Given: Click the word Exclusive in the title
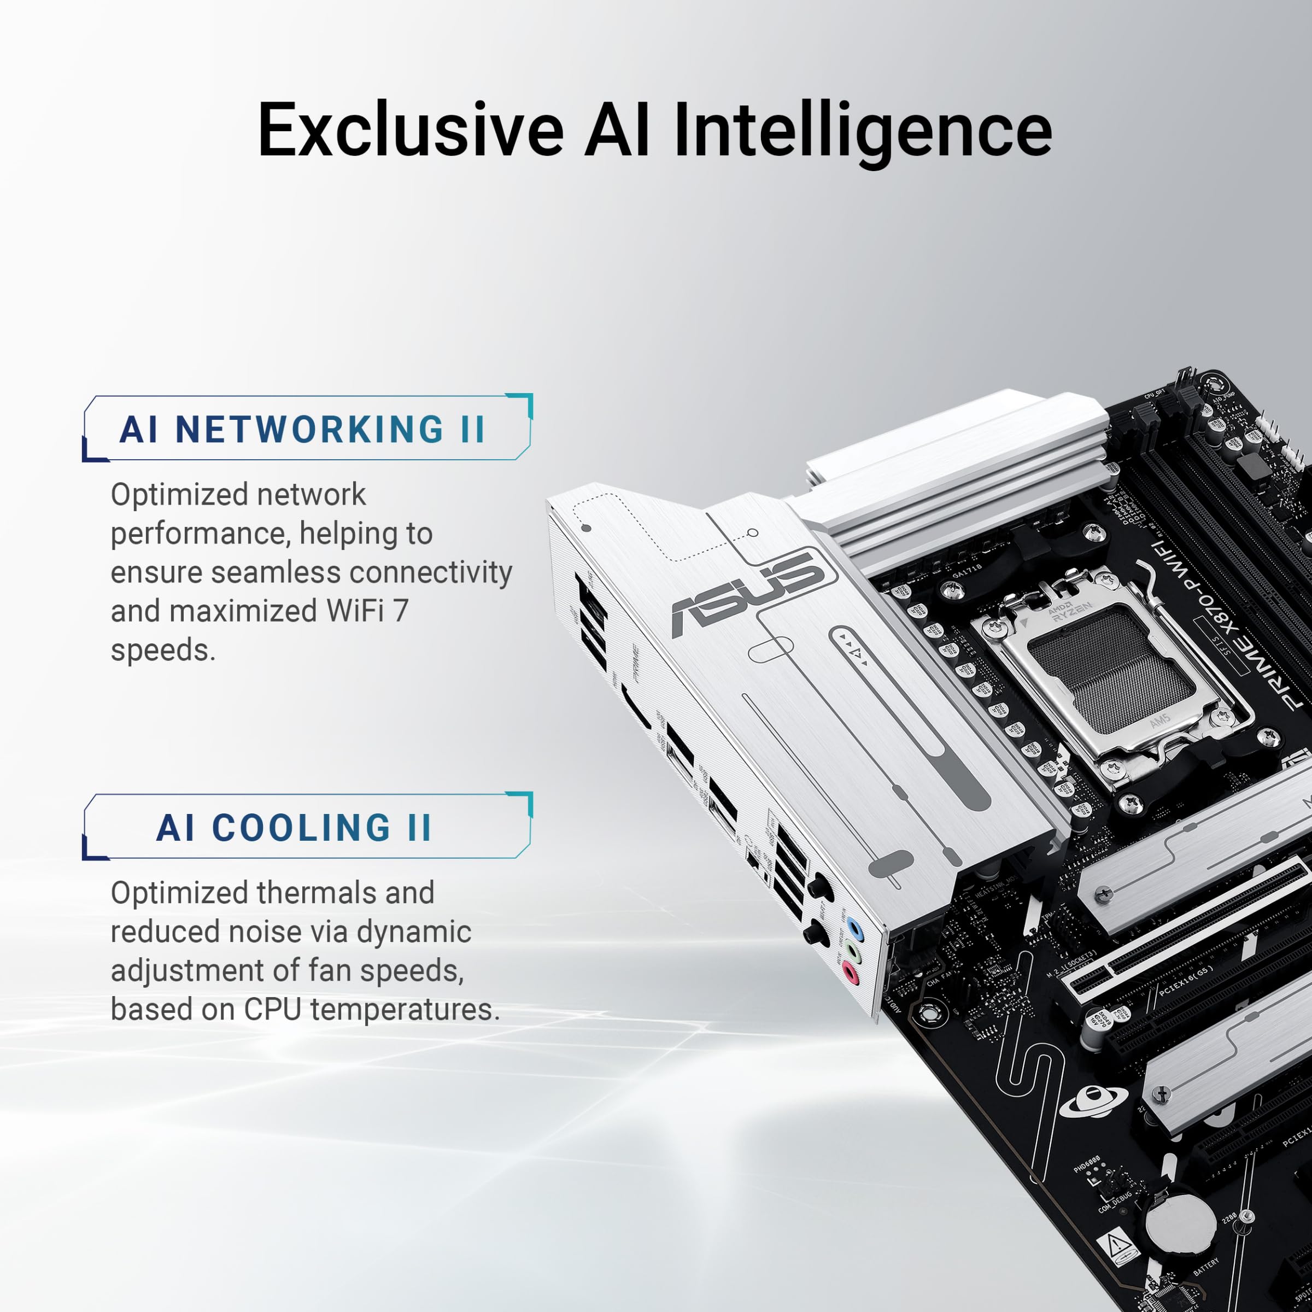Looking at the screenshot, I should click(x=410, y=129).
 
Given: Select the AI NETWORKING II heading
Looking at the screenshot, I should click(x=303, y=429).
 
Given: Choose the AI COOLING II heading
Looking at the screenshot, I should click(x=294, y=828).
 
